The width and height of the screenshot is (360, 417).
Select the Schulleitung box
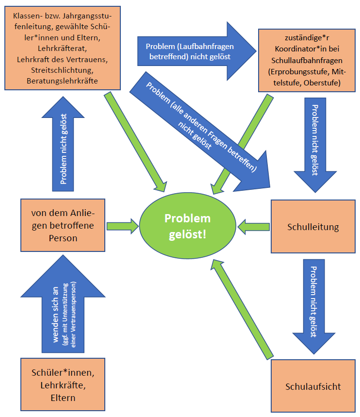click(x=313, y=226)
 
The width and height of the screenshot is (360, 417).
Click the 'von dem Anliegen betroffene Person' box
click(x=63, y=225)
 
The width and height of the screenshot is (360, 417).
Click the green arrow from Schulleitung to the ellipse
click(x=252, y=226)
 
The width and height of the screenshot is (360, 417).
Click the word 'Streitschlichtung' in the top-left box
click(x=63, y=70)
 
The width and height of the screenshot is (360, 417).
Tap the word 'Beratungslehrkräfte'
click(x=63, y=81)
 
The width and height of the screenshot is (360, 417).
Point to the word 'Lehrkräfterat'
click(x=63, y=49)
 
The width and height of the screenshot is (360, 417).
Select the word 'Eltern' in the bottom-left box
click(x=63, y=398)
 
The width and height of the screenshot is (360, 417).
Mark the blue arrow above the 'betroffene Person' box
click(x=63, y=146)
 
